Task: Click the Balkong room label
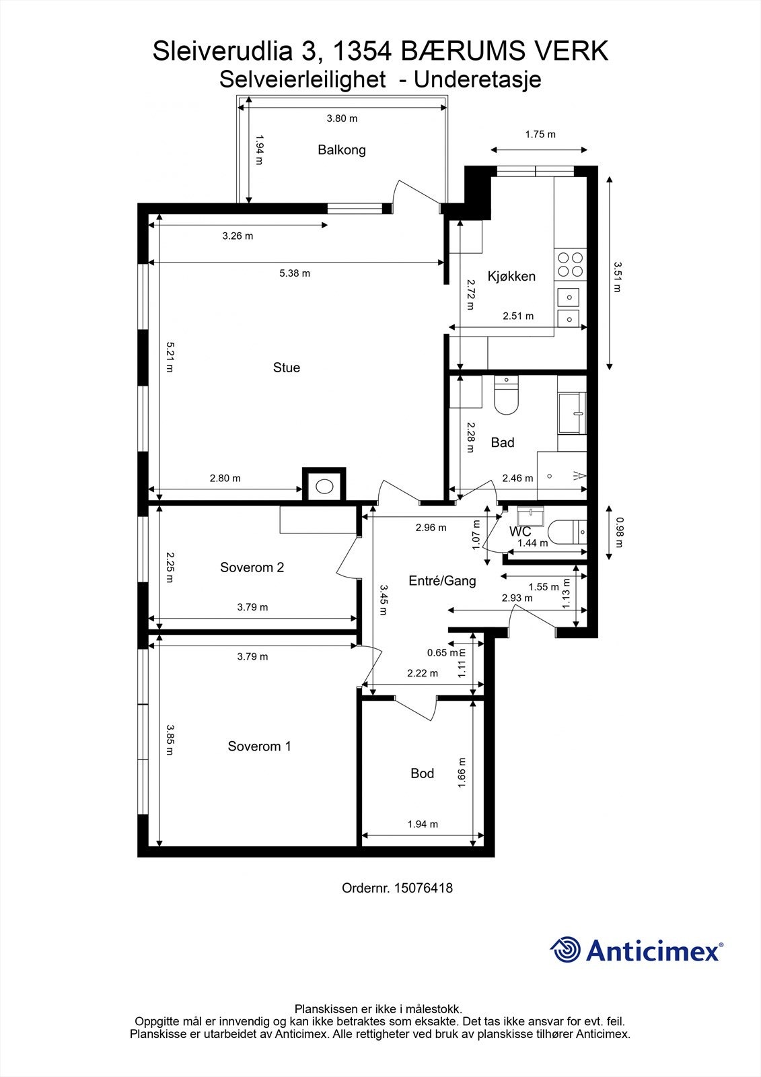point(342,150)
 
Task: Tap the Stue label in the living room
point(286,368)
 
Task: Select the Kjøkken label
point(511,276)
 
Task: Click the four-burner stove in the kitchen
point(570,264)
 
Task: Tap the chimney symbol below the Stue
point(324,485)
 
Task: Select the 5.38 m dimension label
point(295,273)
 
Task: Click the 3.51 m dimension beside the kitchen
point(617,277)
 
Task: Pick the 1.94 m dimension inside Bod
point(423,824)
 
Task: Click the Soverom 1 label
point(259,746)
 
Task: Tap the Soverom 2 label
point(252,567)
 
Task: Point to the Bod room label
point(422,773)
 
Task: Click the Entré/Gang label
point(442,581)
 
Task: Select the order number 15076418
point(423,888)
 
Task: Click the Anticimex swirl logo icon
point(566,950)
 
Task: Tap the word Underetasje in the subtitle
point(478,79)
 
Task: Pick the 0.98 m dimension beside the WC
point(620,532)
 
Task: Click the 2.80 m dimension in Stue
point(225,479)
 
